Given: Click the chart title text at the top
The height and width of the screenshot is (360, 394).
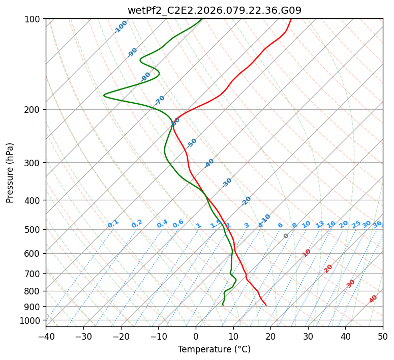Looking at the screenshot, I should [214, 10].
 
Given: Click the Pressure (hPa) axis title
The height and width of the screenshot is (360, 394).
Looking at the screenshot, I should [10, 173].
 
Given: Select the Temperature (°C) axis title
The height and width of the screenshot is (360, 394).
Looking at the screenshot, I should [214, 350].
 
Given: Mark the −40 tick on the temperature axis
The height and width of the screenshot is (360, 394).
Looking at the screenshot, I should [46, 337].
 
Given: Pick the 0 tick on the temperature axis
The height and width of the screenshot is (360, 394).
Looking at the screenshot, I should [196, 337].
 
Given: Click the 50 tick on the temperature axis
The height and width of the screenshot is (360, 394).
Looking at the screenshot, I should [383, 337].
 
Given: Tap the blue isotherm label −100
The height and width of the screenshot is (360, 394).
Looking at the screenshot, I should [120, 27].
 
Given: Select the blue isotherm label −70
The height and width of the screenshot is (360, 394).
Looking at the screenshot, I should [160, 100].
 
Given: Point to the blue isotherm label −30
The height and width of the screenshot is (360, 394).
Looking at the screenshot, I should [227, 183].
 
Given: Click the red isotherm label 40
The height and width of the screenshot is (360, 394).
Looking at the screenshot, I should [373, 299].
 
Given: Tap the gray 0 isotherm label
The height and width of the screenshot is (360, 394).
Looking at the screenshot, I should [286, 236].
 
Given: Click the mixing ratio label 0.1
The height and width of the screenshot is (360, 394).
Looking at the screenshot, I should [113, 224].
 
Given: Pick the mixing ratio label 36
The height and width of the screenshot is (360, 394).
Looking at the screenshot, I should [377, 224].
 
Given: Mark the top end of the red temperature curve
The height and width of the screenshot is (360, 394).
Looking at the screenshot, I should [291, 19].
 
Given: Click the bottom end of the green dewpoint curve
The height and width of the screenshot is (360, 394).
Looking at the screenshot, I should [223, 305].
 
